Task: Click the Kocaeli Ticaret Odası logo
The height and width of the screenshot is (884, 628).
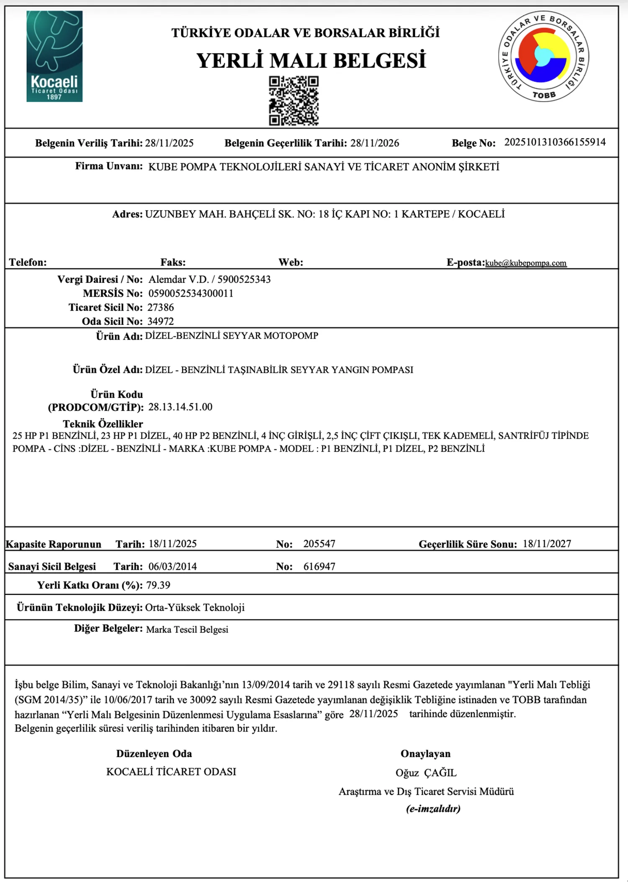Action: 54,56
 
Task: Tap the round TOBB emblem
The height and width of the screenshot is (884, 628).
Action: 543,56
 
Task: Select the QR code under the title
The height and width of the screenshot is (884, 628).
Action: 293,100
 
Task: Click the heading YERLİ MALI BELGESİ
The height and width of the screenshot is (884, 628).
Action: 311,60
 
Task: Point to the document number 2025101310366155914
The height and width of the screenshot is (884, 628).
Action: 555,142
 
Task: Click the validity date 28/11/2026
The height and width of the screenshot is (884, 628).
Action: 375,143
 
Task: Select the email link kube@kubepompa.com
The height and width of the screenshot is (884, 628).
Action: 526,263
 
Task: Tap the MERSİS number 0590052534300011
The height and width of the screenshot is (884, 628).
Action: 191,293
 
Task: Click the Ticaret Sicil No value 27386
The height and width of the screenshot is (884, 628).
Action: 160,308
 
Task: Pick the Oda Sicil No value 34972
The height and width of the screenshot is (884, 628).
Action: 160,321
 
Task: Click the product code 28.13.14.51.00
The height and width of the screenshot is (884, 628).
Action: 180,407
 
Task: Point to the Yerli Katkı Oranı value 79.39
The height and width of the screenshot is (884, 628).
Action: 158,585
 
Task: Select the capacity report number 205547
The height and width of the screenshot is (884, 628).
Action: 319,544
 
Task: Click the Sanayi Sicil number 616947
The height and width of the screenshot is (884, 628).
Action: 319,566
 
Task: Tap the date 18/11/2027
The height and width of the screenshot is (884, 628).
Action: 547,544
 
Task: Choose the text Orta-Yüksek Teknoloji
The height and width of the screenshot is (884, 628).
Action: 195,607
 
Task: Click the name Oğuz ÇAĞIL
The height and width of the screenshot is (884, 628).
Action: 426,773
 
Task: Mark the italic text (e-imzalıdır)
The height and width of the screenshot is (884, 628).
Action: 433,809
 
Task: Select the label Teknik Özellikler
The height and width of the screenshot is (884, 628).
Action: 103,424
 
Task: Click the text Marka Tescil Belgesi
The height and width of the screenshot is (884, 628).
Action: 187,630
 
